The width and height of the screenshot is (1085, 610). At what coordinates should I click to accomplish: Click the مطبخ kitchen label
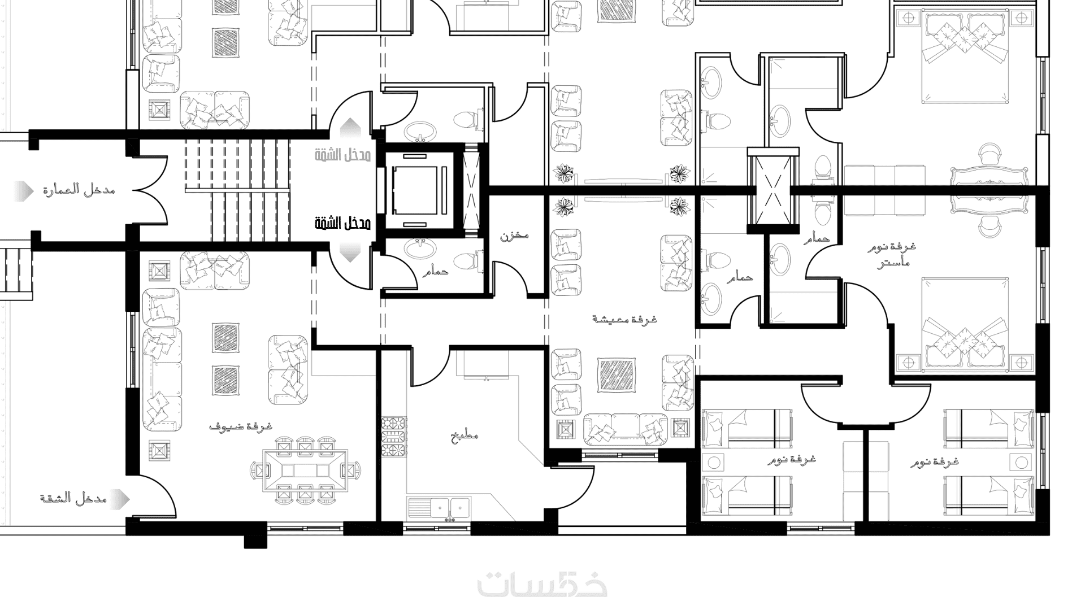point(465,435)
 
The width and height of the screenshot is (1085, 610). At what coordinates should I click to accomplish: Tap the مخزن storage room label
point(514,235)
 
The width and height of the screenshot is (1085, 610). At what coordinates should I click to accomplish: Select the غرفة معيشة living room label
point(625,319)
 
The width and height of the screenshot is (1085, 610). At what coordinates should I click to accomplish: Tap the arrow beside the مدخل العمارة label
point(24,191)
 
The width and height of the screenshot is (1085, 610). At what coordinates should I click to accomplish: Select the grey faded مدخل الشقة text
point(343,155)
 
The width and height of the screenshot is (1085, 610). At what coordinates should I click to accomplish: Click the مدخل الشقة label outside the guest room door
point(73,498)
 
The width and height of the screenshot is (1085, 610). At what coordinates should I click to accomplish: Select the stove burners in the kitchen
point(394,436)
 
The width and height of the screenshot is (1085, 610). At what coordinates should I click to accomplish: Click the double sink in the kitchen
point(450,507)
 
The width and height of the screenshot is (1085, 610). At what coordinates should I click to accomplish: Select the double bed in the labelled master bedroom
point(965,325)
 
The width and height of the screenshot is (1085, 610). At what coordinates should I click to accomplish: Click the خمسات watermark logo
point(542,585)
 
